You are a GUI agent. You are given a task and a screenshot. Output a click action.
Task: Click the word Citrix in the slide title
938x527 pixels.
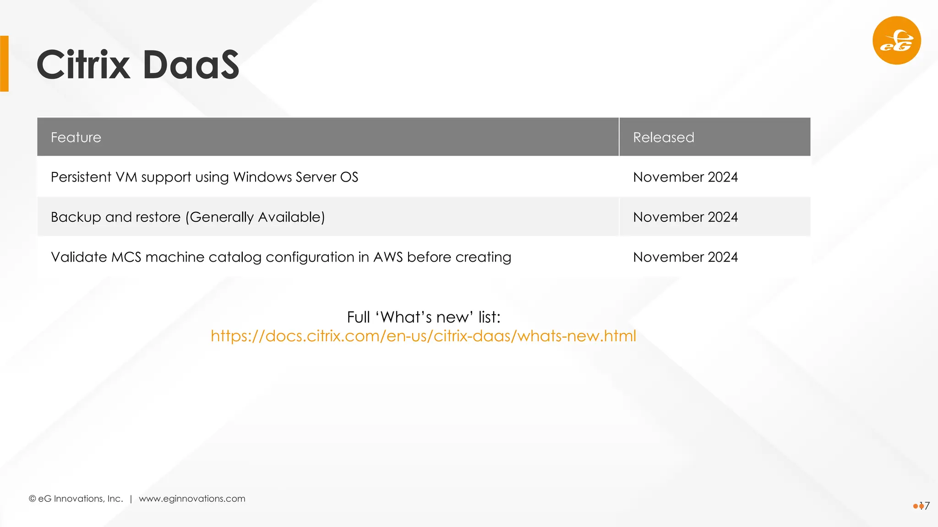pos(83,65)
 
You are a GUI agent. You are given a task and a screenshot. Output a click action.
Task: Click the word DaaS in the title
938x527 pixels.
pos(191,65)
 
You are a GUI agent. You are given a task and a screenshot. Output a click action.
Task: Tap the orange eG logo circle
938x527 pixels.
pos(896,41)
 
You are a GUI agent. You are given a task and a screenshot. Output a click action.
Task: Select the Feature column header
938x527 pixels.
pos(76,137)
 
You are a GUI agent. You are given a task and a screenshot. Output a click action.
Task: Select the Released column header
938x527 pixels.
pos(663,137)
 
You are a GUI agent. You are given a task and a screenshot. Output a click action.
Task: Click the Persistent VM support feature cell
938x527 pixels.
pos(204,177)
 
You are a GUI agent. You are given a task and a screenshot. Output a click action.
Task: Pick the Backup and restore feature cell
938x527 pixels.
pos(188,217)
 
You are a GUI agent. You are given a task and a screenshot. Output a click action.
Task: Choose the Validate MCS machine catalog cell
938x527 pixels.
pos(281,257)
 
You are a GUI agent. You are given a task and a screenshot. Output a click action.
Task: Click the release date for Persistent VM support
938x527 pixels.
pos(685,177)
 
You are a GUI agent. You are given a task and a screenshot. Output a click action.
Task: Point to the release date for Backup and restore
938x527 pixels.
pos(685,217)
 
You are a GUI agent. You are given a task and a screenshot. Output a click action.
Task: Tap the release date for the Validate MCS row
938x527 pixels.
pos(685,257)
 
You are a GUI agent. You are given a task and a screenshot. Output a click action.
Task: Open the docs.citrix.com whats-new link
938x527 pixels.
pos(423,336)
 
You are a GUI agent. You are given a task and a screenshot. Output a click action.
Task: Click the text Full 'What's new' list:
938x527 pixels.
pos(423,317)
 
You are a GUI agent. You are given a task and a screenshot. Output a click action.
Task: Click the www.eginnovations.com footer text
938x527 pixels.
pos(192,499)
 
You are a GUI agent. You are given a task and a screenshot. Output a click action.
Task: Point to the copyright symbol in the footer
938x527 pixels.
pos(33,499)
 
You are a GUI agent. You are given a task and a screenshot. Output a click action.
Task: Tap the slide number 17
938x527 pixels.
pos(925,506)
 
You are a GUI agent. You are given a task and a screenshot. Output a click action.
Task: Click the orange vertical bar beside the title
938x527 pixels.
pos(4,64)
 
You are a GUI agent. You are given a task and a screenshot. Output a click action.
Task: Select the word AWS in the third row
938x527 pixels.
pos(387,257)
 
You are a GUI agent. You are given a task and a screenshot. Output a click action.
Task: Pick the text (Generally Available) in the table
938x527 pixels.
pos(255,217)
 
